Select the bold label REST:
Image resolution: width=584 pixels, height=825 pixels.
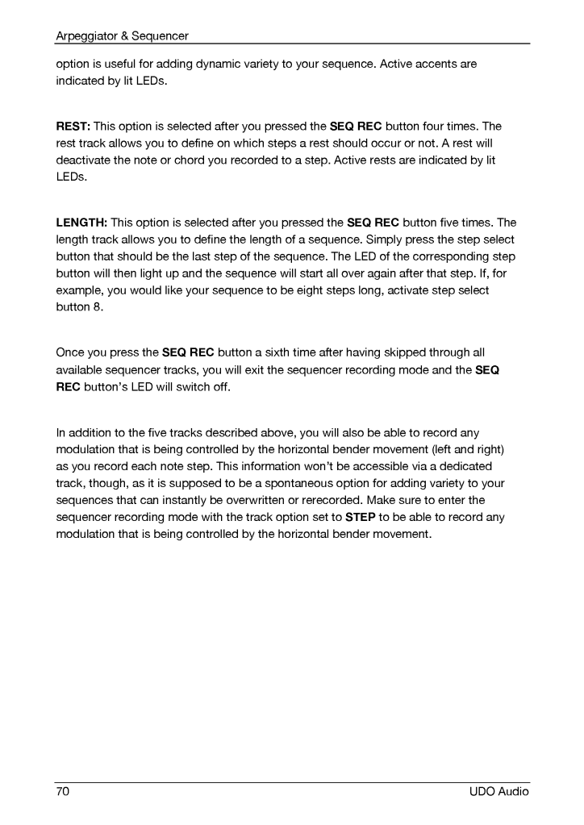[73, 127]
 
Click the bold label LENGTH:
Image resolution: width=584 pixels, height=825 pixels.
[81, 223]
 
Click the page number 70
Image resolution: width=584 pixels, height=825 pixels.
[63, 792]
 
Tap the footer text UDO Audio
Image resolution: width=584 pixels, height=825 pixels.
[498, 792]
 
